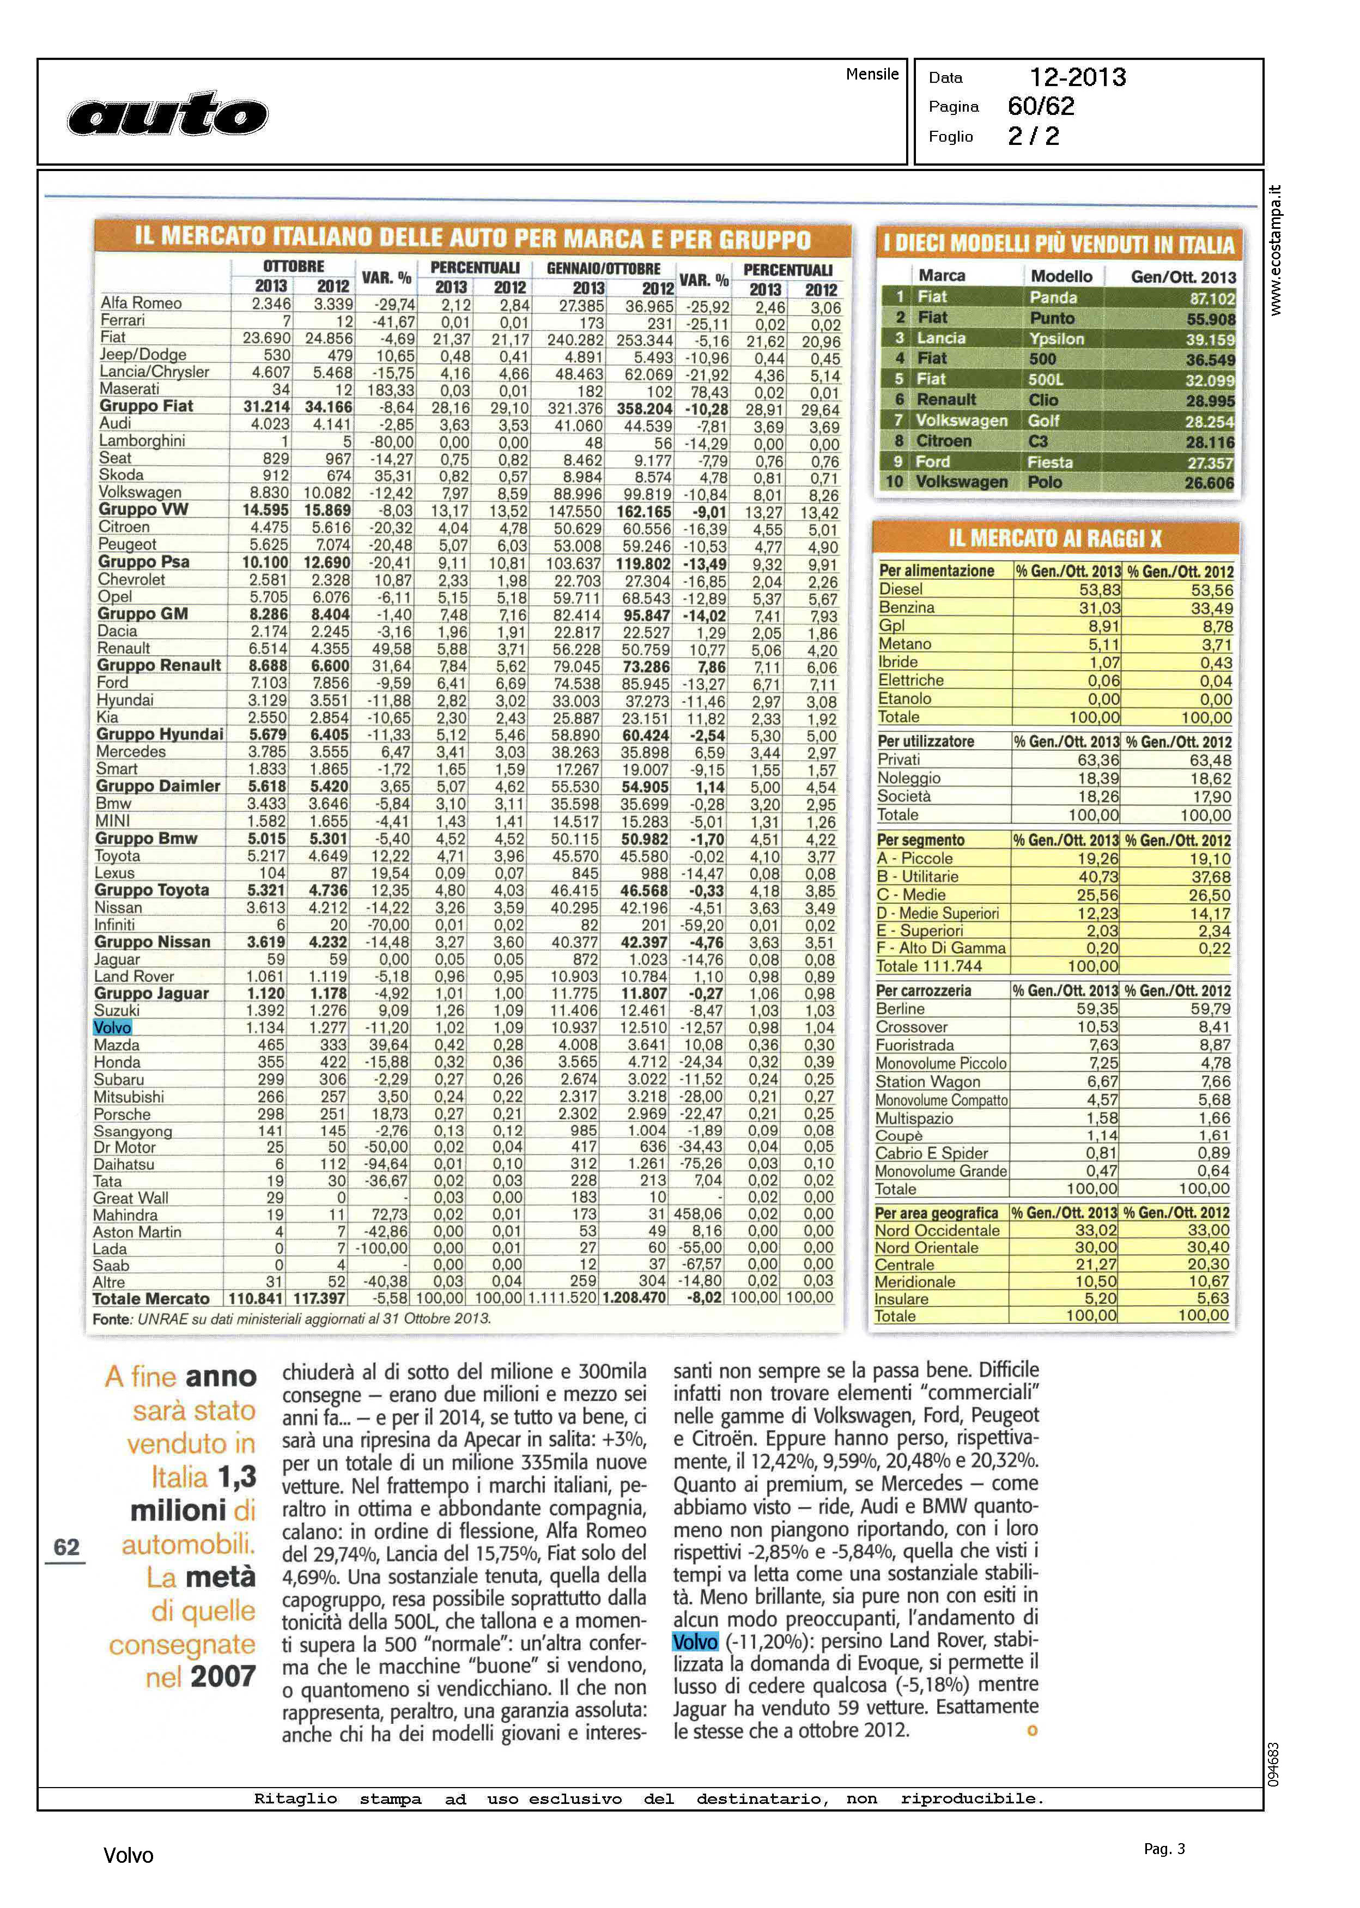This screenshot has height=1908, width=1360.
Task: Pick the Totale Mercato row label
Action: point(151,1298)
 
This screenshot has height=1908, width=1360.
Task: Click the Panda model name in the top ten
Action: point(1053,297)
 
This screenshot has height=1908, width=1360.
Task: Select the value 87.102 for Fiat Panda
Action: point(1210,299)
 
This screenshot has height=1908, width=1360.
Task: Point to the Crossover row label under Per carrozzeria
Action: point(912,1027)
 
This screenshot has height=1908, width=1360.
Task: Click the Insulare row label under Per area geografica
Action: point(901,1298)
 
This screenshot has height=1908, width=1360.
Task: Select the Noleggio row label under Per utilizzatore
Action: point(909,778)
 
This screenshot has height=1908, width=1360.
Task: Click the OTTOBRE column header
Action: point(293,266)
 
